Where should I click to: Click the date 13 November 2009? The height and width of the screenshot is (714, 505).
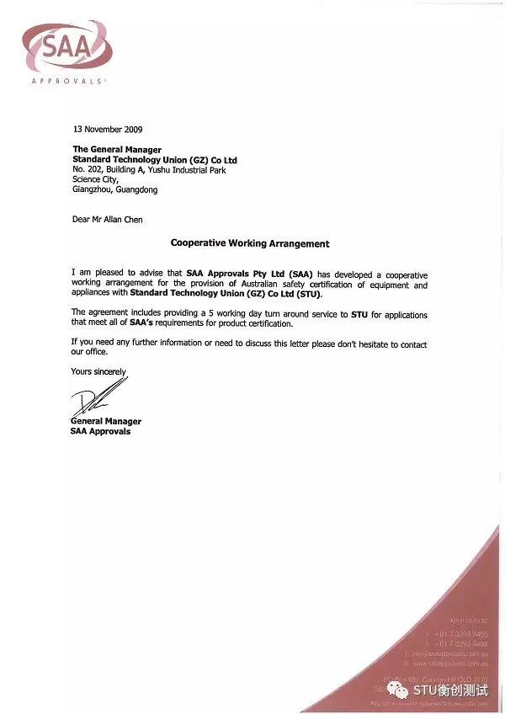pos(108,130)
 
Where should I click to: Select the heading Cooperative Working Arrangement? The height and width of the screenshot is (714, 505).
pos(250,243)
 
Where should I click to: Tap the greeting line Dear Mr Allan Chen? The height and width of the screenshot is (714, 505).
pos(108,220)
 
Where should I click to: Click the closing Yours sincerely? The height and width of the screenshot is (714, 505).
pos(98,371)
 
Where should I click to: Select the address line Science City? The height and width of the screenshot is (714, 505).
pos(96,179)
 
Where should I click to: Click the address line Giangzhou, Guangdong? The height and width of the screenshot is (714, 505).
pos(114,189)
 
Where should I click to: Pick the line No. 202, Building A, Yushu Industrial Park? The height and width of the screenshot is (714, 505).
pos(149,170)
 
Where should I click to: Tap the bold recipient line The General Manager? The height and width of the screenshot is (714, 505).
pos(117,150)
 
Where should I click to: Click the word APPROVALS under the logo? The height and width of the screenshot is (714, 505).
pos(67,82)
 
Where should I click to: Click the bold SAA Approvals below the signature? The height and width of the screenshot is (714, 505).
pos(100,431)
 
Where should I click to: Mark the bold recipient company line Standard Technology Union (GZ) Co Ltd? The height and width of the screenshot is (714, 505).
pos(155,160)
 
